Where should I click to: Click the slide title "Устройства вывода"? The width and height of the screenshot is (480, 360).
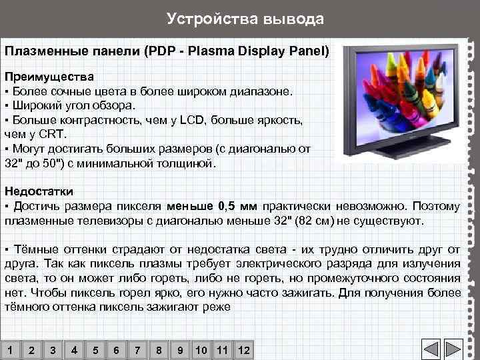pyautogui.click(x=245, y=19)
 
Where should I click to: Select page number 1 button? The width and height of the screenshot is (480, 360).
pyautogui.click(x=10, y=350)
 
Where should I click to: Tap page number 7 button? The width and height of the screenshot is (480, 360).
pyautogui.click(x=137, y=350)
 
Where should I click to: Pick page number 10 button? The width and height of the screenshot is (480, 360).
pyautogui.click(x=201, y=350)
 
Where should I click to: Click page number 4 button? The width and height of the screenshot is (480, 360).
pyautogui.click(x=74, y=350)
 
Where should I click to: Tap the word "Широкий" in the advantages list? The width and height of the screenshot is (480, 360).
pyautogui.click(x=35, y=105)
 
